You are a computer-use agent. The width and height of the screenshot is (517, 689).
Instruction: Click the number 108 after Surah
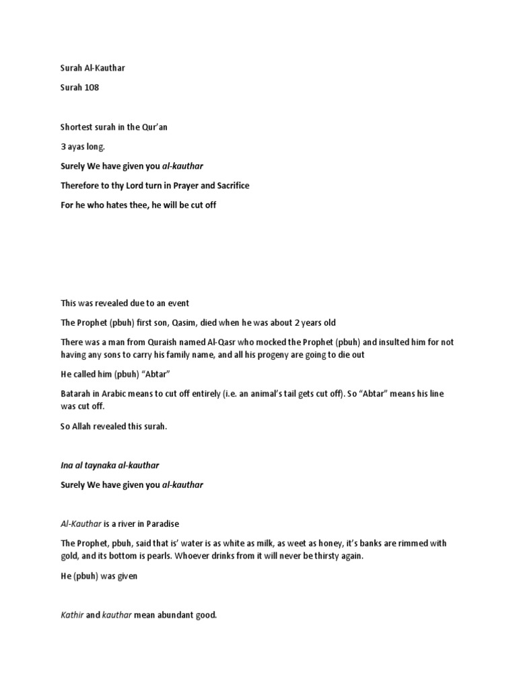click(x=92, y=87)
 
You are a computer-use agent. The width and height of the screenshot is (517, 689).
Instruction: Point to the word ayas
click(x=79, y=146)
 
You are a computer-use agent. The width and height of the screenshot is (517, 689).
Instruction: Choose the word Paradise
click(x=162, y=523)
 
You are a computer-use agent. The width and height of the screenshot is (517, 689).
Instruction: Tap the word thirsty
click(x=325, y=556)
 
